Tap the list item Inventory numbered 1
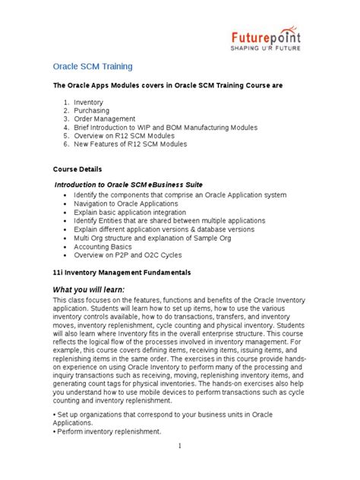(89, 102)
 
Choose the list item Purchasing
(92, 110)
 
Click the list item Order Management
(105, 118)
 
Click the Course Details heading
(77, 169)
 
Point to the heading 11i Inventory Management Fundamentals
(121, 272)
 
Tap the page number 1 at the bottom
(179, 446)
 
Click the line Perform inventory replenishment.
(109, 431)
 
